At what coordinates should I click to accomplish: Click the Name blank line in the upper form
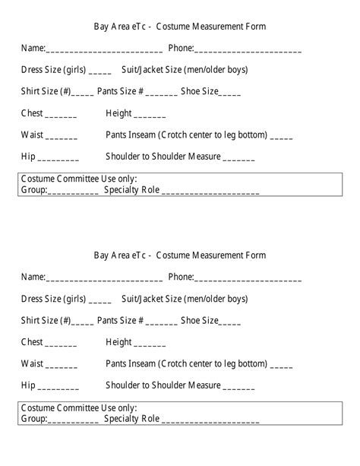pos(104,52)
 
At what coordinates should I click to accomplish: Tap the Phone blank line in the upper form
pos(248,52)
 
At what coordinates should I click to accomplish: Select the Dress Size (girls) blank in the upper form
pos(100,73)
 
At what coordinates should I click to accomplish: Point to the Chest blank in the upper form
pos(61,117)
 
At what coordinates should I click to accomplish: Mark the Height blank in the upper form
pos(150,117)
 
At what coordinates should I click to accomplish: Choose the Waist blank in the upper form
pos(62,138)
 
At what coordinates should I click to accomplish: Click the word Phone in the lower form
pos(180,277)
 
